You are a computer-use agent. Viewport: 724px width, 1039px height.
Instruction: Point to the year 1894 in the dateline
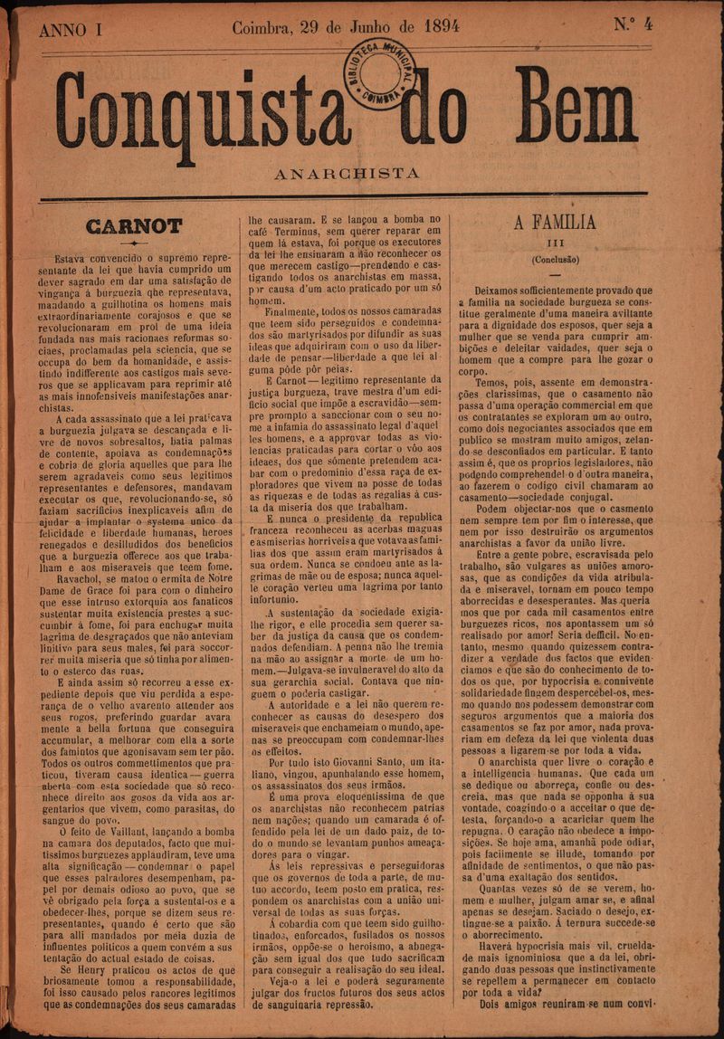click(434, 26)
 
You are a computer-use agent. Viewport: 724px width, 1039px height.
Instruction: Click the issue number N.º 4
click(633, 24)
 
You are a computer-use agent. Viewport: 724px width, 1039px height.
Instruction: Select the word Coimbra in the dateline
click(263, 27)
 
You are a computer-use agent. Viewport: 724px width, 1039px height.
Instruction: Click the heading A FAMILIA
click(555, 222)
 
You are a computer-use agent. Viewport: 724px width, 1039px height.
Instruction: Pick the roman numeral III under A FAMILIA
click(556, 243)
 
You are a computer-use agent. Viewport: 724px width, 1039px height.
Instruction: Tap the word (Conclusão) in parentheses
click(555, 260)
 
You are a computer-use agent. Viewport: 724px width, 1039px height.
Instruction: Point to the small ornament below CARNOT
click(133, 244)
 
